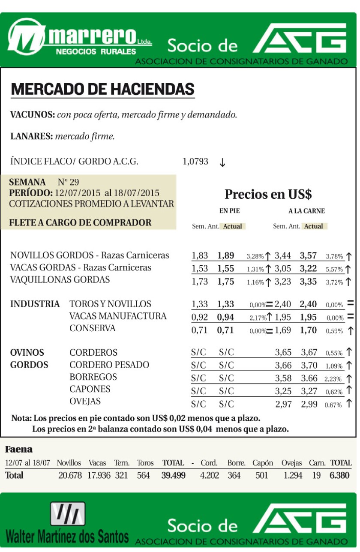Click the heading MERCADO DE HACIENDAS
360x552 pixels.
(x=103, y=89)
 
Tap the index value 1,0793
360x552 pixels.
(x=195, y=162)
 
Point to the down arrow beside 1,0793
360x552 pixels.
(x=222, y=162)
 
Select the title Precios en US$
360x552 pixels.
(x=268, y=194)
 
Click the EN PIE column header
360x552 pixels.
(x=229, y=211)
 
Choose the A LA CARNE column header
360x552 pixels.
(x=306, y=211)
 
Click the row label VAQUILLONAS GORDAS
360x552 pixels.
(x=60, y=280)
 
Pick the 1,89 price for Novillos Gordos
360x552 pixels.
(x=226, y=256)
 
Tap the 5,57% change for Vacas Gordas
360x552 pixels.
(x=334, y=269)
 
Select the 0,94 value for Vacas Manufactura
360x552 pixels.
(x=226, y=317)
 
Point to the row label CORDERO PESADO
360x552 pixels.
(x=109, y=365)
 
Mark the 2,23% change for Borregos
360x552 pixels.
(x=333, y=379)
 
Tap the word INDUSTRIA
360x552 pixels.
(x=35, y=304)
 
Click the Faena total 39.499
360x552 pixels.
(x=174, y=475)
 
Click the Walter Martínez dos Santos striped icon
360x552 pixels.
(x=67, y=514)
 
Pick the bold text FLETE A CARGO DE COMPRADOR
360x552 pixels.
(x=81, y=223)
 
